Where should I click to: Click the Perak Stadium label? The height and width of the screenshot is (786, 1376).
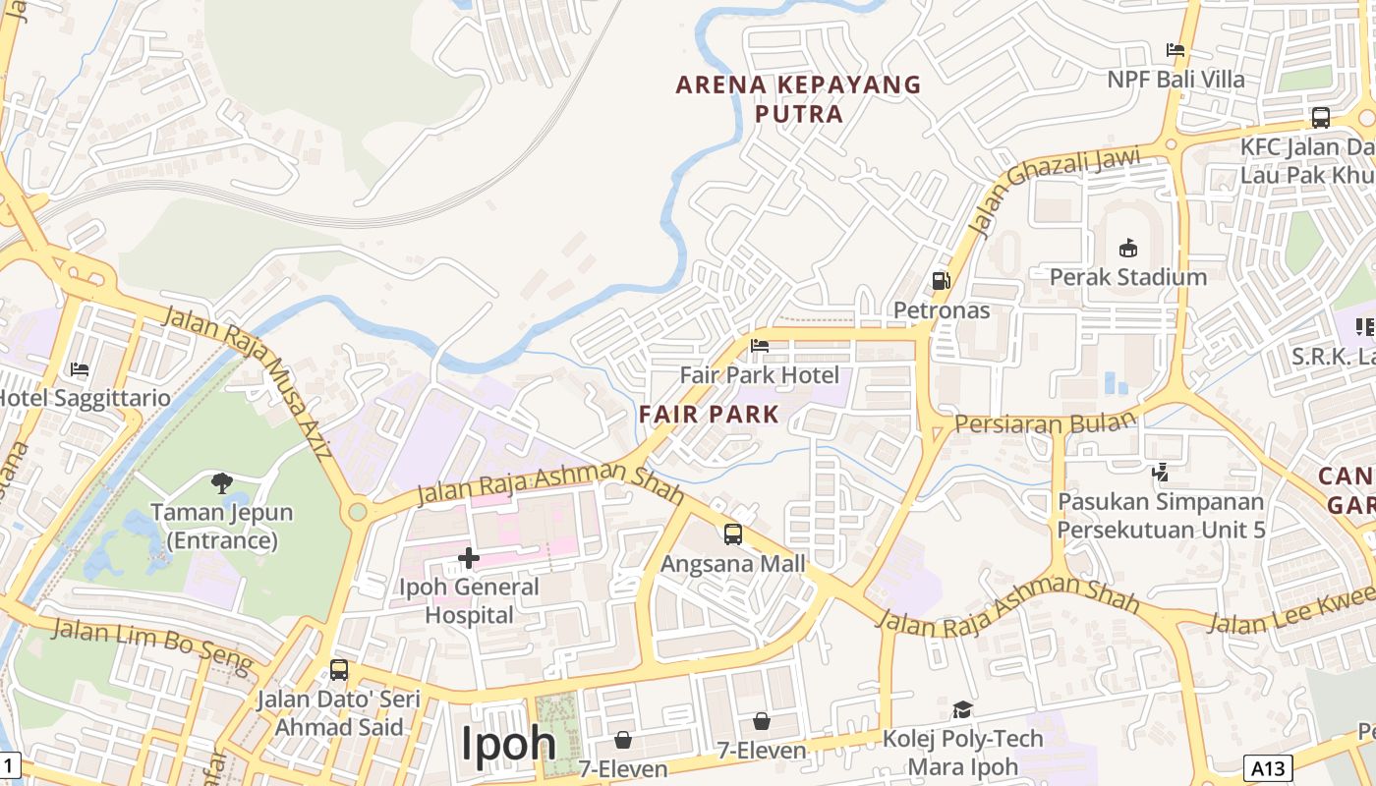(x=1128, y=277)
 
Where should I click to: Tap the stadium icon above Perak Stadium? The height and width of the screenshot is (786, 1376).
(x=1128, y=248)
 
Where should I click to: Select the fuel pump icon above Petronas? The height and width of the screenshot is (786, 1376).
(x=941, y=281)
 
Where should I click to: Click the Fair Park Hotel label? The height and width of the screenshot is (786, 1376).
(x=760, y=375)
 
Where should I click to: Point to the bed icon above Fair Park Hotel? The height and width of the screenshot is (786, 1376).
(x=760, y=346)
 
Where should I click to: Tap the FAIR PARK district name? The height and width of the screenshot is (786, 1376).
(x=709, y=414)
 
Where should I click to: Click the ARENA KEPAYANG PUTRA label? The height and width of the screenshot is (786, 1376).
(x=799, y=99)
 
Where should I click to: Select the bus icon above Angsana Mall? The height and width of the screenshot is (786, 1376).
(x=733, y=534)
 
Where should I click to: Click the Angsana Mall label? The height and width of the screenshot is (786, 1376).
(x=733, y=564)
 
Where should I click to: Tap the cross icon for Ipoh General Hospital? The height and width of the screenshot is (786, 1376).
(x=469, y=558)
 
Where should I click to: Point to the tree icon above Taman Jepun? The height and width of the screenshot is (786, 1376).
(x=222, y=482)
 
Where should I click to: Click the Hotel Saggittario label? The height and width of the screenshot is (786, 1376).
(x=85, y=399)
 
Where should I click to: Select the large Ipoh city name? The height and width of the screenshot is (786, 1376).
(x=509, y=744)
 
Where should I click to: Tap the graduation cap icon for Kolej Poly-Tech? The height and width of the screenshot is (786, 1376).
(x=962, y=709)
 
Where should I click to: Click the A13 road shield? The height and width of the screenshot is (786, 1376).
(x=1268, y=767)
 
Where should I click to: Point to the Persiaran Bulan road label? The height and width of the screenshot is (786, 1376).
(x=1045, y=423)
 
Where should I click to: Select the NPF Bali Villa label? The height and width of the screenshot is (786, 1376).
(x=1175, y=80)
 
